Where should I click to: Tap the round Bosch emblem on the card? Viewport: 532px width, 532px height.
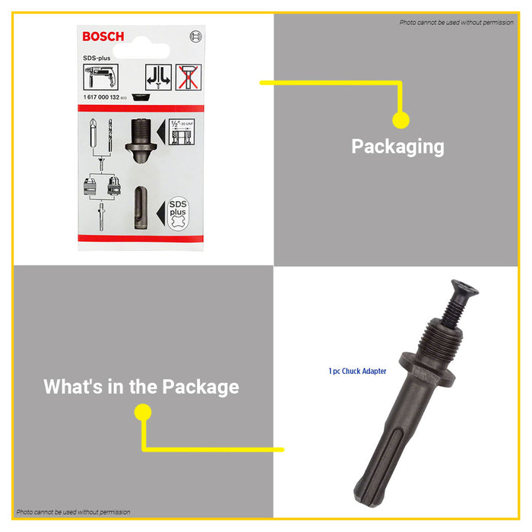(195, 36)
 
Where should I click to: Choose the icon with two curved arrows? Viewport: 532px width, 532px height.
(158, 78)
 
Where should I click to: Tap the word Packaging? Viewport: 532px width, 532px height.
(397, 146)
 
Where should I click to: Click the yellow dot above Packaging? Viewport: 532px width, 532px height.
(401, 120)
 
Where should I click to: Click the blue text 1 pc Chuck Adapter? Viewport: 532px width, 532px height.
(357, 371)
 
